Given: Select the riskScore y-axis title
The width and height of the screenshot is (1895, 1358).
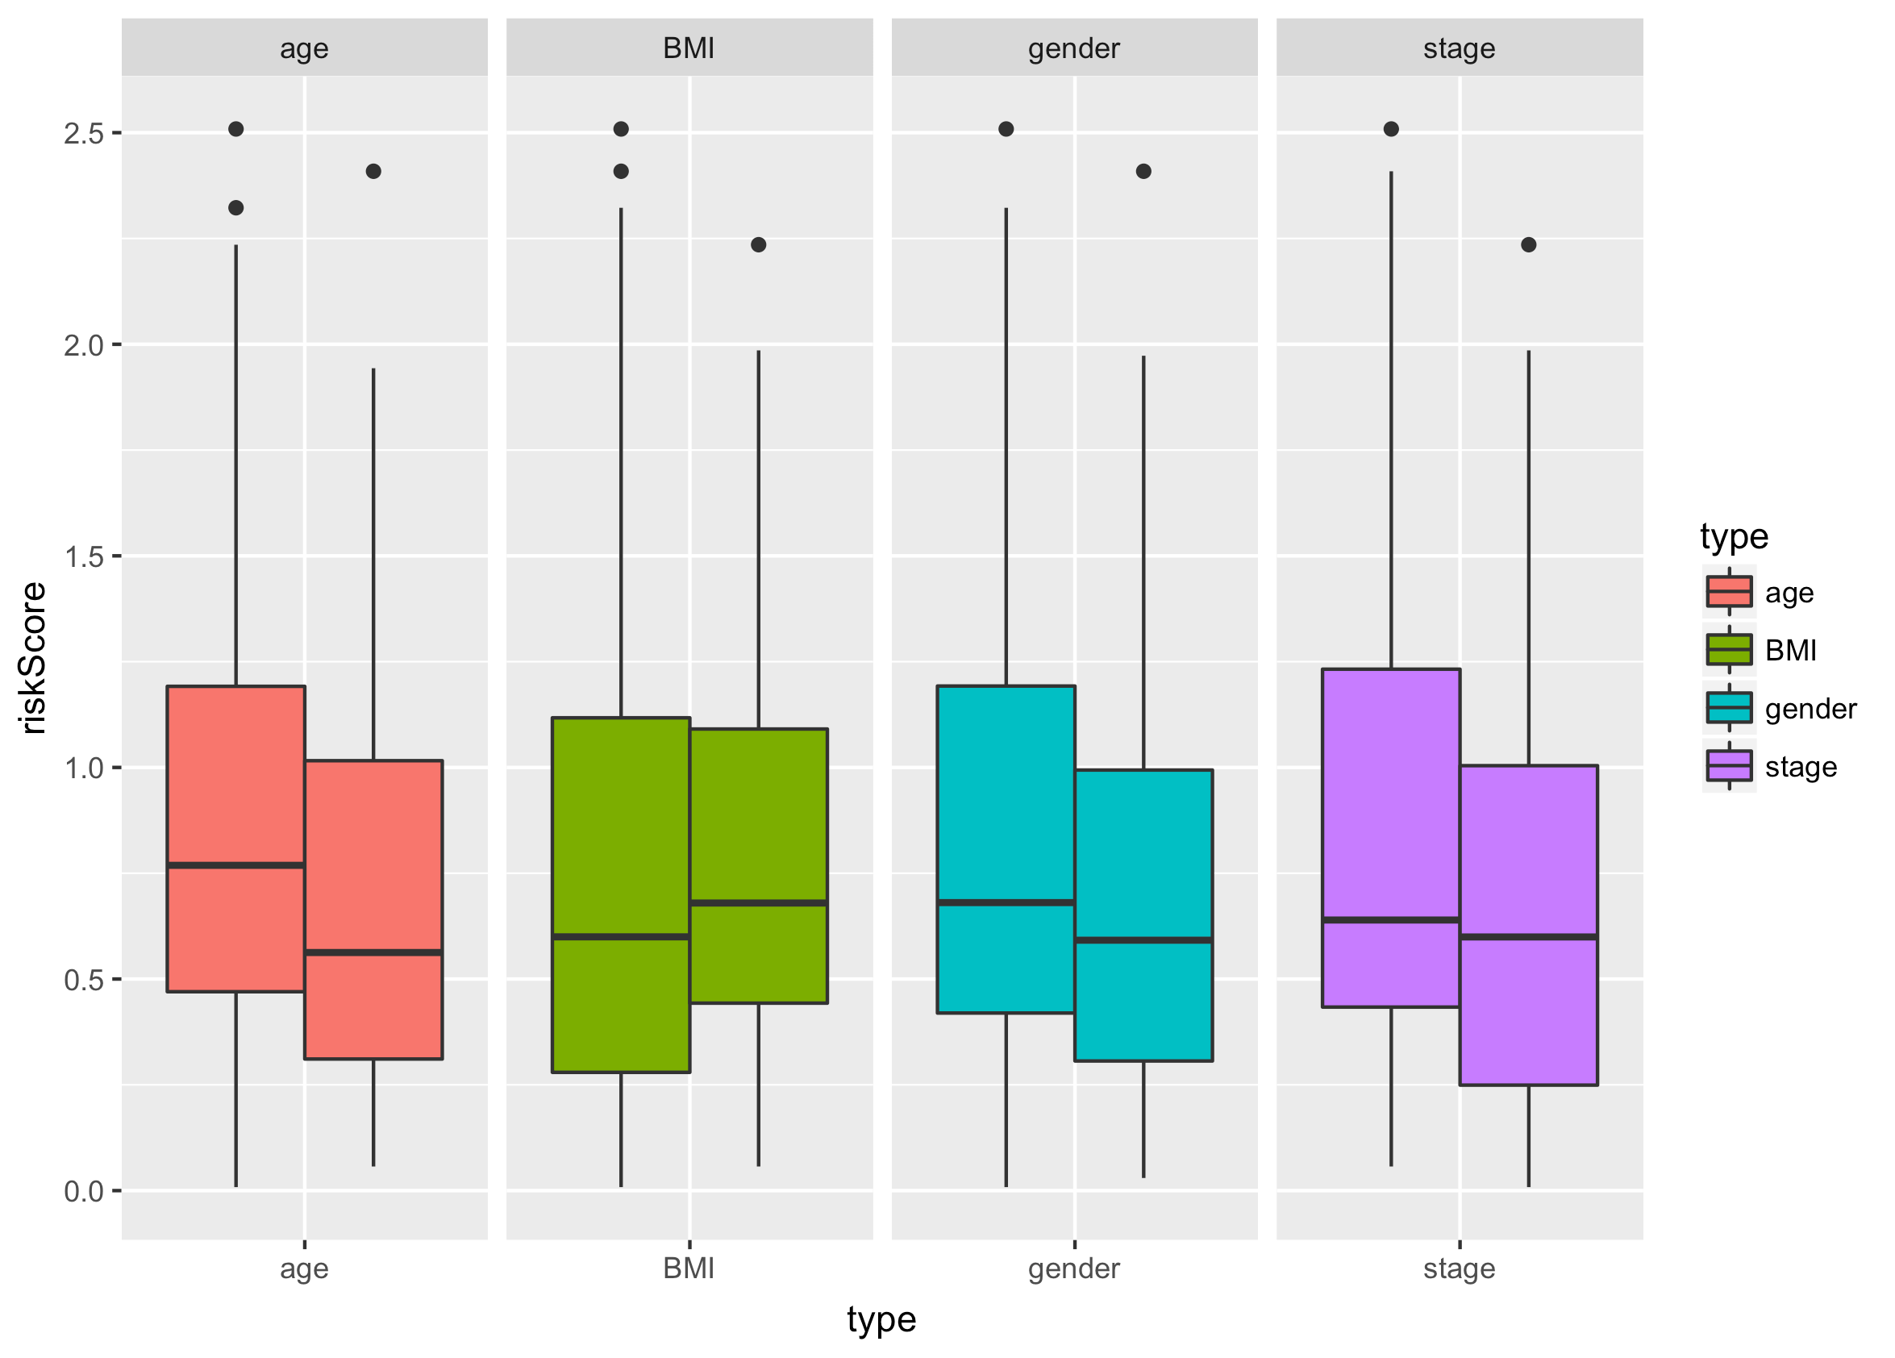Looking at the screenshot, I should [x=33, y=659].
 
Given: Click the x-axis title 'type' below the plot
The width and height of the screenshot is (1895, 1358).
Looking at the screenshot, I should [x=881, y=1319].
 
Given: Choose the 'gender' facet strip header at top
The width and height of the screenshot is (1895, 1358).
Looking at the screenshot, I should [x=1073, y=48].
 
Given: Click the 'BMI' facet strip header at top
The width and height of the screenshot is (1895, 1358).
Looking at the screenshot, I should [x=689, y=48].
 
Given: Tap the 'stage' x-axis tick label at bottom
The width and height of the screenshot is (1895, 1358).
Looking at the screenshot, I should [x=1459, y=1268].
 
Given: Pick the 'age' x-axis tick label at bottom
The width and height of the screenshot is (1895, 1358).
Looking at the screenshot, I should [x=304, y=1268].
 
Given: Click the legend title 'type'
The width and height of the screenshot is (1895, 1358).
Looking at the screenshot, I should [x=1734, y=536].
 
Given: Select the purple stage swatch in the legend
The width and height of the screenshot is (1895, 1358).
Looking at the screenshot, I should [x=1729, y=765].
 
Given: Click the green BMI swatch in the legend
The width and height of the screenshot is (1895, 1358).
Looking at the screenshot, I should [x=1729, y=649].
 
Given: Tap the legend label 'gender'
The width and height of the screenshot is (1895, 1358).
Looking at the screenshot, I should [x=1810, y=709].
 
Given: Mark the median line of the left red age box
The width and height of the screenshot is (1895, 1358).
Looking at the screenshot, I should [x=235, y=865].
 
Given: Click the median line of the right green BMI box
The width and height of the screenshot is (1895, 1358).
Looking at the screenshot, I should [x=758, y=902].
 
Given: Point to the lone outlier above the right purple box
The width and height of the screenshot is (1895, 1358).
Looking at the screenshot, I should [x=1528, y=245].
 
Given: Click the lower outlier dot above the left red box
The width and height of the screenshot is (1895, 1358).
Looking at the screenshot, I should [x=235, y=208].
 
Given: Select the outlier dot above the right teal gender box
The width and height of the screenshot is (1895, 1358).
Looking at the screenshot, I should [x=1143, y=171].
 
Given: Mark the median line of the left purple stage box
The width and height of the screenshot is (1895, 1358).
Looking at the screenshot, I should [x=1390, y=920].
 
